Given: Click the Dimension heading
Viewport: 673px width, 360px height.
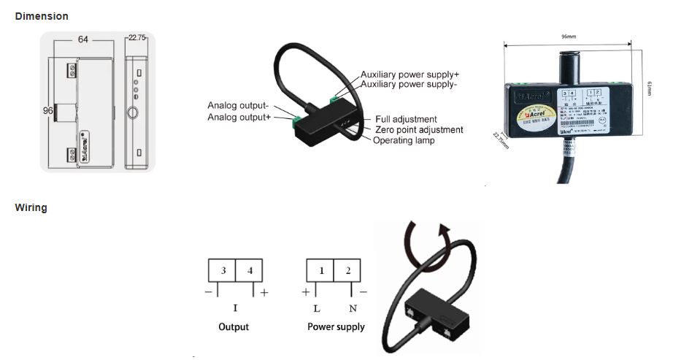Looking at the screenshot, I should pos(42,16).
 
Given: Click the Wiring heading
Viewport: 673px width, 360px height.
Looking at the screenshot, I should pos(31,208).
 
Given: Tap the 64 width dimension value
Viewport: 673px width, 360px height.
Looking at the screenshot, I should pos(83,39).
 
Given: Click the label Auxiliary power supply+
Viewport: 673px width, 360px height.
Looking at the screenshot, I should pos(409,74).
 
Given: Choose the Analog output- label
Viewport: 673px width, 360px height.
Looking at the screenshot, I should pos(238,105).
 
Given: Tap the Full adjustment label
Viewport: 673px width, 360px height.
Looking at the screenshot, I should pos(406,119).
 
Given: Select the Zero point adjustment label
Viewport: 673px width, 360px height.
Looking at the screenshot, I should pos(418,130).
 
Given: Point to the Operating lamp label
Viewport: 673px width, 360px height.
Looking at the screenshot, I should pos(404,140).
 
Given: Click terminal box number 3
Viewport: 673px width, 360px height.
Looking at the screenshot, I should pos(223,271).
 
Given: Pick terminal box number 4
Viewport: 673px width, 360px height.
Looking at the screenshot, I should pos(250,271).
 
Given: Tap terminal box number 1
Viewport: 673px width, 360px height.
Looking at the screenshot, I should pos(320,271).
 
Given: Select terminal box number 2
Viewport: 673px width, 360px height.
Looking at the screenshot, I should pos(348,271).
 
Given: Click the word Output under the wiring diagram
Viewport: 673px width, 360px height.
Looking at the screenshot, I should pos(234,326).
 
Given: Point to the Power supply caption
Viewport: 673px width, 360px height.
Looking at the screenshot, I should pos(336,326).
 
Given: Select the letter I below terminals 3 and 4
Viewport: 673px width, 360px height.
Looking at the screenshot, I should pos(234,308).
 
